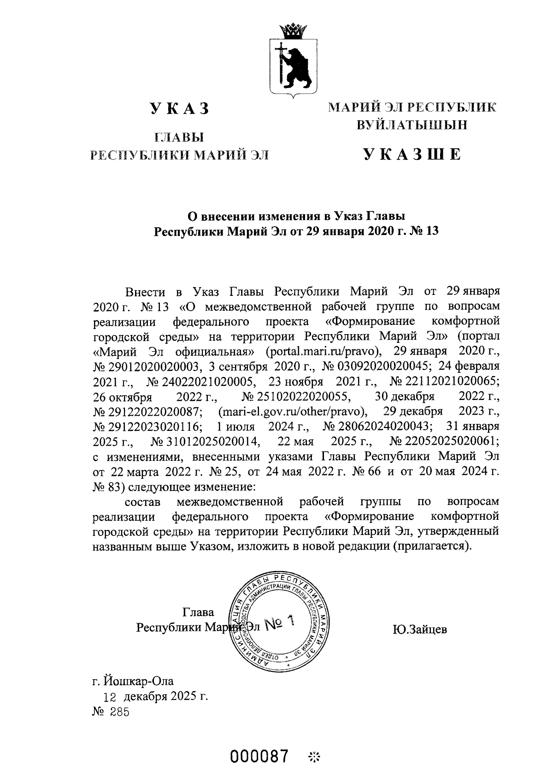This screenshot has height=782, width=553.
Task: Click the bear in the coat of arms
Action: pos(295,65)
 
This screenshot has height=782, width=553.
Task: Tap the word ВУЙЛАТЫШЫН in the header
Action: pos(412,125)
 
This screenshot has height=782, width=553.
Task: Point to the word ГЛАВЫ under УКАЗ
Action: pos(180,137)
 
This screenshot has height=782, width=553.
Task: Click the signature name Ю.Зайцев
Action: pos(420,629)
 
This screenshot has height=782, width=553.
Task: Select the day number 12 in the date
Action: pos(111,696)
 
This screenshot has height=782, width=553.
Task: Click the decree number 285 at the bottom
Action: pos(119,712)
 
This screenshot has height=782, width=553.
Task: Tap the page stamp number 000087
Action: pos(262,756)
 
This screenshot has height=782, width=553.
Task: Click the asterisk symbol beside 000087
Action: pos(316,757)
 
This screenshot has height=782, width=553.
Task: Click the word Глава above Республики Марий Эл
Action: pos(198,612)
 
